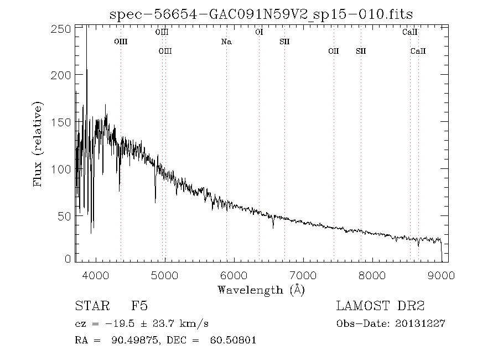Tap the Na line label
pos(226,42)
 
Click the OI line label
pos(258,32)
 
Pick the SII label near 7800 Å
pos(361,51)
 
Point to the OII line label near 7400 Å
pos(333,51)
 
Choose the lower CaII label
pos(418,51)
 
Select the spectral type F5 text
pos(139,306)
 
